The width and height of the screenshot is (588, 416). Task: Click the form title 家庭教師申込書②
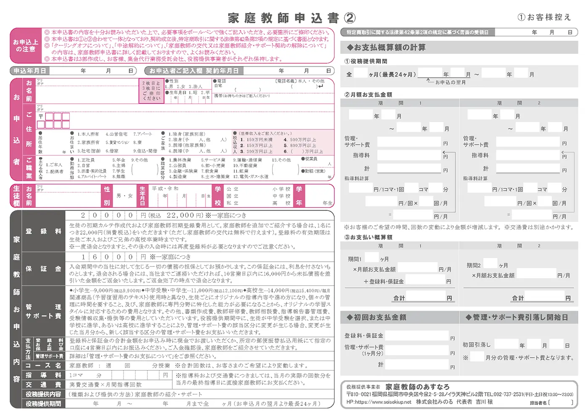[291, 18]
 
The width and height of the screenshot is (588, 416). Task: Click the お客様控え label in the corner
[544, 17]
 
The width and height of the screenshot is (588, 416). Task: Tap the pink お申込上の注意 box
[26, 45]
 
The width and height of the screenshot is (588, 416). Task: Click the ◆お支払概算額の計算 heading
[386, 47]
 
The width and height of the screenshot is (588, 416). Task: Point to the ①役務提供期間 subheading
[366, 61]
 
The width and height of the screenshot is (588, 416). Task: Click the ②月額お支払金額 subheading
[368, 95]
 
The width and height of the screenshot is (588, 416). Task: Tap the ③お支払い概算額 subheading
[368, 237]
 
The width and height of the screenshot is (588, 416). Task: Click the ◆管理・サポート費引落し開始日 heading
[517, 317]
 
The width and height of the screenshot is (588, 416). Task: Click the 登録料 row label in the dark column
[43, 231]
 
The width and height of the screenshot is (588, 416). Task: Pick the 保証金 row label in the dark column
[43, 269]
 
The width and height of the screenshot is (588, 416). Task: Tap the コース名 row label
[43, 366]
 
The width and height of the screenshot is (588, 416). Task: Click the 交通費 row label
[43, 384]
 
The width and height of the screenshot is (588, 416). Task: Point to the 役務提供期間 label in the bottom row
[43, 404]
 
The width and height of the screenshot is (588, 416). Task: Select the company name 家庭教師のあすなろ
[417, 387]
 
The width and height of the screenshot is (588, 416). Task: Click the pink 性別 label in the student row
[107, 196]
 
